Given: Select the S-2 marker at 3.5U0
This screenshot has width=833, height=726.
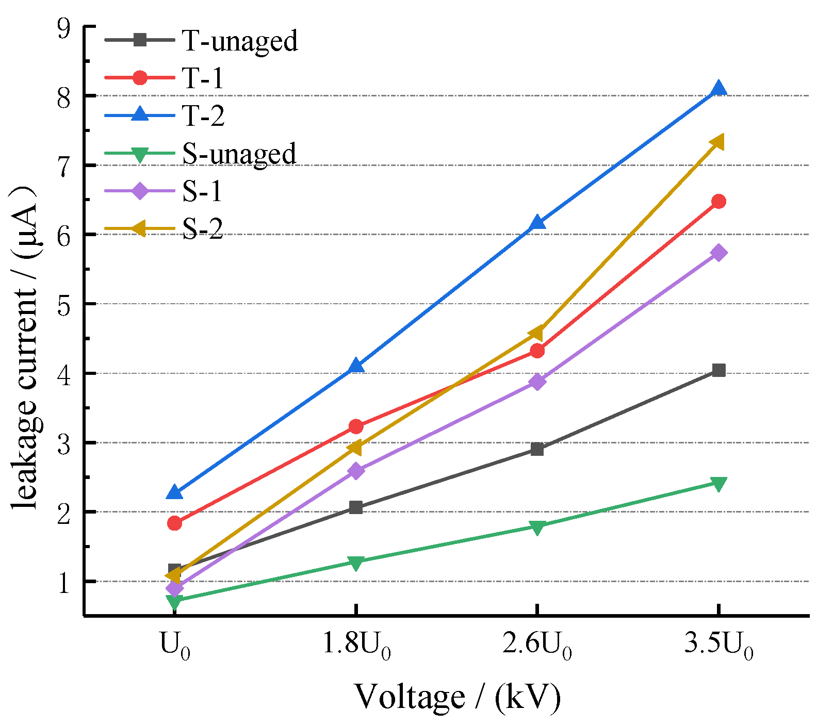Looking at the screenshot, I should pos(717,142).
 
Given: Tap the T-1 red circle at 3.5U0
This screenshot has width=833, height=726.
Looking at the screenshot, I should pos(718,201).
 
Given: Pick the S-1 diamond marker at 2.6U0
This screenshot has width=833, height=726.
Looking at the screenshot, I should pos(537,382).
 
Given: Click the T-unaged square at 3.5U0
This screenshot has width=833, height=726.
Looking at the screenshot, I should pos(718,370).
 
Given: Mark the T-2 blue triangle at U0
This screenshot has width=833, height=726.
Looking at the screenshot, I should pos(174,493).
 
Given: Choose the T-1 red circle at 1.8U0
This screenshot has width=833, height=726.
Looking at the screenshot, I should pos(356,426).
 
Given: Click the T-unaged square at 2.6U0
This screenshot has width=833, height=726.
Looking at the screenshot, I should pos(537,449).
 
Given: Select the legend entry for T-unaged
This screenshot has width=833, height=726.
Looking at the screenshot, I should pos(239,40).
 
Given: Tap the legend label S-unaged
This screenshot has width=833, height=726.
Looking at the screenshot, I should pos(239,154).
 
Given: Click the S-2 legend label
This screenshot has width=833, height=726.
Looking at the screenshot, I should pos(203,229).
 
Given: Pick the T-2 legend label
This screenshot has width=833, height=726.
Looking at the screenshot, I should pos(203,116).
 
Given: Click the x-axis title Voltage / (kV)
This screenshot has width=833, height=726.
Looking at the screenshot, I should pos(457,697).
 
